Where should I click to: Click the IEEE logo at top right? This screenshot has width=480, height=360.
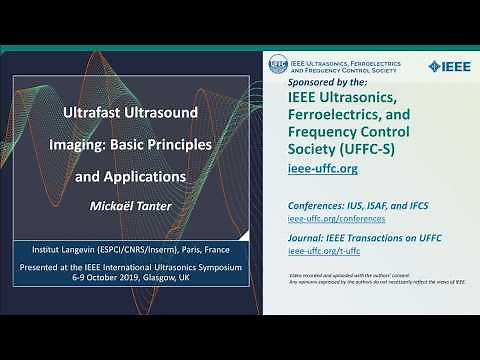pos(448,66)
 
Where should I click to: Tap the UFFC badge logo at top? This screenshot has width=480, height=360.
pos(279,65)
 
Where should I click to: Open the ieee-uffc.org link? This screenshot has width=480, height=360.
pos(322,169)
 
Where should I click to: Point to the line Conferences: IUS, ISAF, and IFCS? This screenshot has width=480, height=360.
pos(357,205)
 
